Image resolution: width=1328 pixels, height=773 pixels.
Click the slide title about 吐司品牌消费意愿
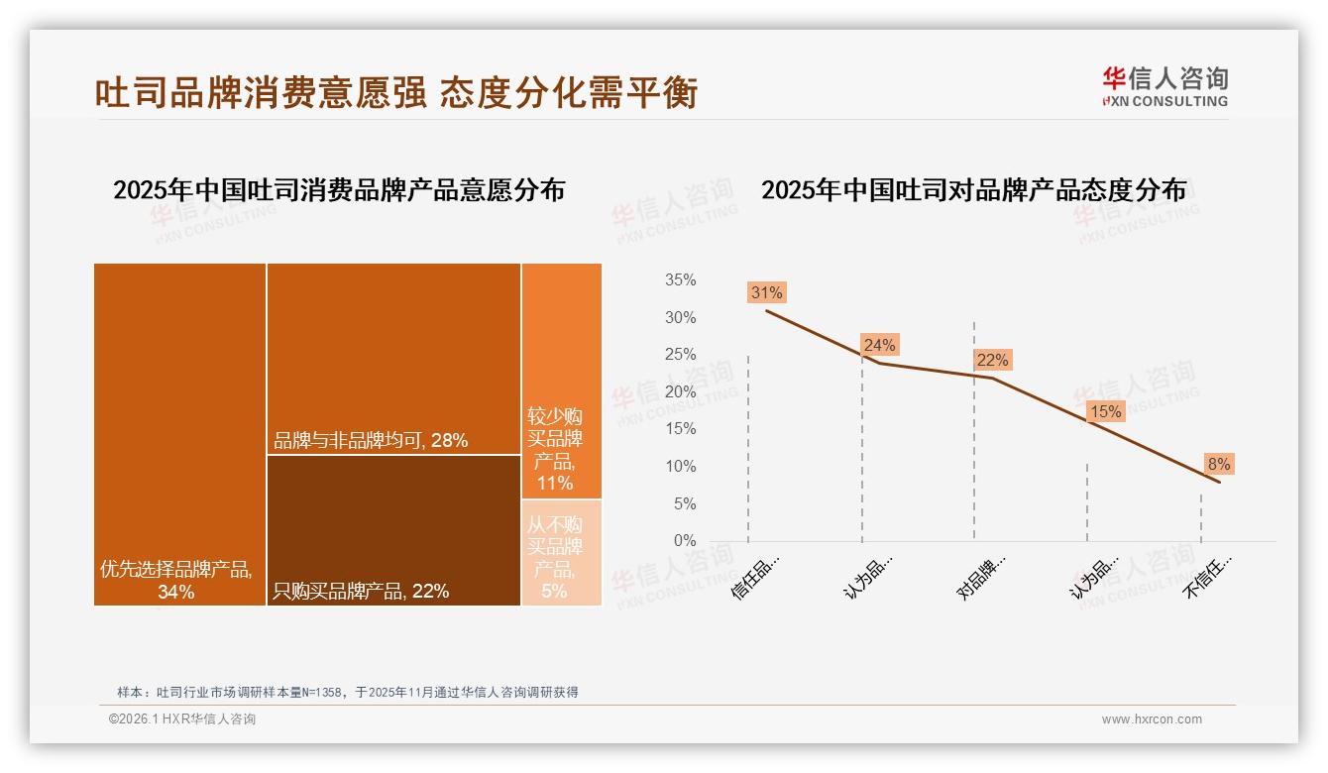tap(396, 92)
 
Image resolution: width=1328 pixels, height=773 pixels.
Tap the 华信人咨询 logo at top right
tap(1164, 86)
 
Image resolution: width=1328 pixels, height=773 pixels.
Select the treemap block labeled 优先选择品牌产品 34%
tap(179, 434)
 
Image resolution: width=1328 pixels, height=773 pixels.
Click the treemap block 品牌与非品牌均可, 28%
tap(393, 359)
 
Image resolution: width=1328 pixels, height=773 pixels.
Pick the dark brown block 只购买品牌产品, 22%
tap(393, 530)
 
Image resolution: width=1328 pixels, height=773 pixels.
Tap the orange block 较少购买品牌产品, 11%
tap(561, 382)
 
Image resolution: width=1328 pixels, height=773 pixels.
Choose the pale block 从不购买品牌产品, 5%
tap(561, 553)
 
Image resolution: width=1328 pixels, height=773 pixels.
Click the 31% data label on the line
tap(766, 292)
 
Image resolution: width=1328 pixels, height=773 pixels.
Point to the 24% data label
tap(879, 345)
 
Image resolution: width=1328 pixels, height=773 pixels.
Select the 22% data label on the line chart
tap(992, 360)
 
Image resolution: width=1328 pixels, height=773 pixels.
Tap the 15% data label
tap(1105, 411)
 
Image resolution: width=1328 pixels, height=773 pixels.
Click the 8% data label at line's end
tap(1218, 464)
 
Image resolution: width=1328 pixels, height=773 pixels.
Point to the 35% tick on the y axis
tap(680, 280)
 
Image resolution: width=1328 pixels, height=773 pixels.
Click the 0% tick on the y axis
tap(684, 541)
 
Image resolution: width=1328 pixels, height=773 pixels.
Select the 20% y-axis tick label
tap(680, 392)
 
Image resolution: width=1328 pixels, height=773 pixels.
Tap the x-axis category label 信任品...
tap(757, 576)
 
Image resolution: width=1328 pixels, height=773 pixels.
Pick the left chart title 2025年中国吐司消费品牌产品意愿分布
tap(339, 190)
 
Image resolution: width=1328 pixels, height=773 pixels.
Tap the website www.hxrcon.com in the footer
tap(1152, 719)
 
